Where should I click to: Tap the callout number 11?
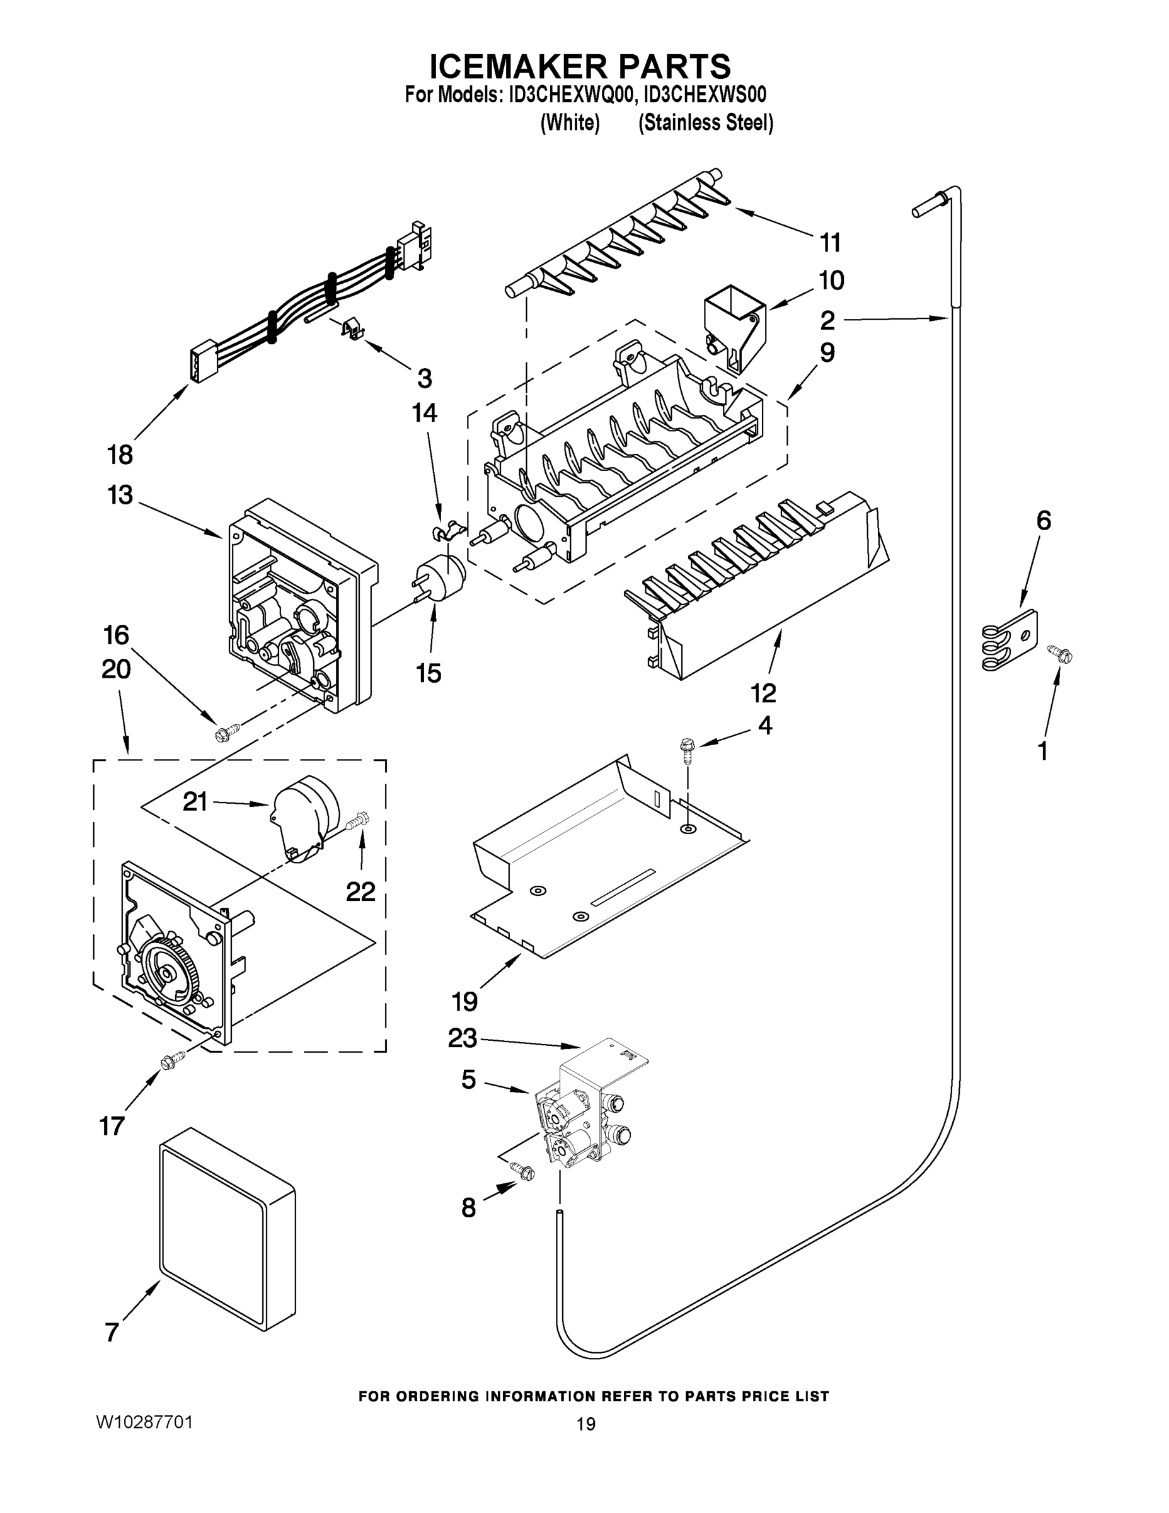click(x=831, y=243)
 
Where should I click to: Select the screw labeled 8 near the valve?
click(x=524, y=1170)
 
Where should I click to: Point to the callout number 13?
click(x=120, y=496)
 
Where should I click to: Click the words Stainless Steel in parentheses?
click(x=705, y=124)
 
